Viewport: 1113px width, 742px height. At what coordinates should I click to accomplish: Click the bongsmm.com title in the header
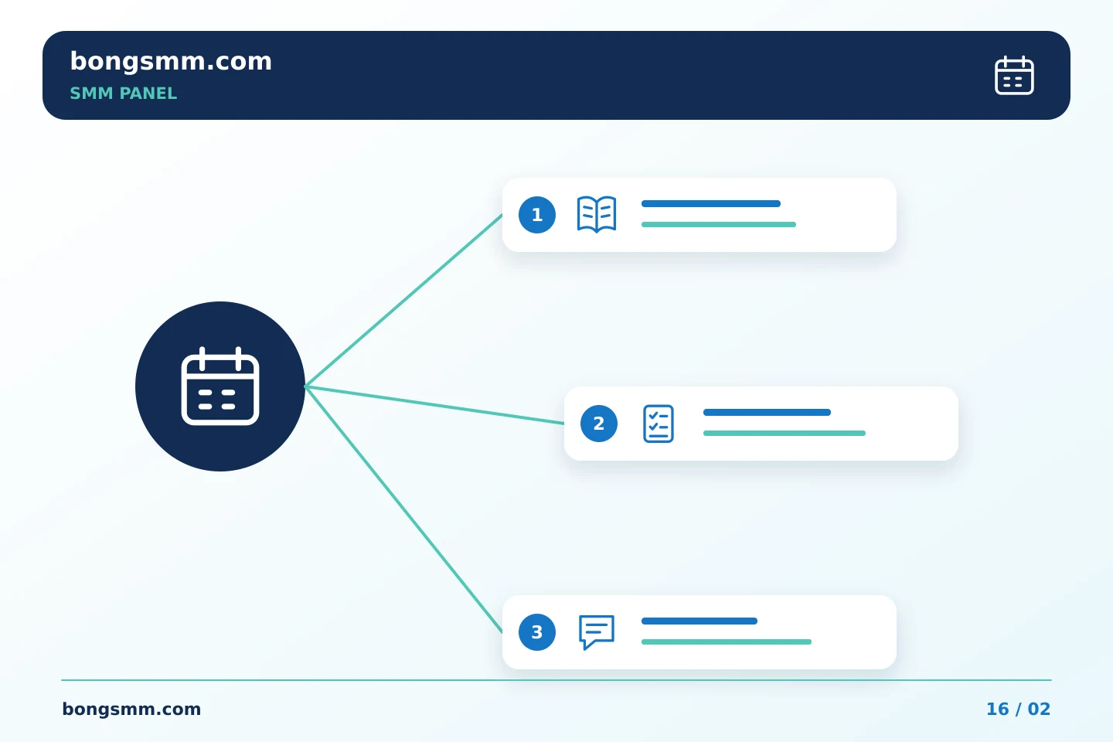171,62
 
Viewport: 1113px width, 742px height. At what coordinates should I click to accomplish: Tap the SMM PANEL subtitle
123,94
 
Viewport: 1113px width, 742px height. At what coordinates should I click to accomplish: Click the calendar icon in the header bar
1014,76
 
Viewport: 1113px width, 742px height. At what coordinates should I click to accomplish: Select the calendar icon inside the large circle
220,386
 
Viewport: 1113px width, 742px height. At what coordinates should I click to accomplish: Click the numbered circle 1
537,215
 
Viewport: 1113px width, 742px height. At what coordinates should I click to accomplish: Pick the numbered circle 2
599,424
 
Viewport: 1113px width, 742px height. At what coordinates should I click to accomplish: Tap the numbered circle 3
537,632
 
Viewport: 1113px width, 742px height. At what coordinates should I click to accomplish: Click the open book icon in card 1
597,214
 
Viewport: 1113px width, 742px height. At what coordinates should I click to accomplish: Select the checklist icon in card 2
659,424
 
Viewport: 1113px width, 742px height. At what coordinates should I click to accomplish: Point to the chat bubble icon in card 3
597,631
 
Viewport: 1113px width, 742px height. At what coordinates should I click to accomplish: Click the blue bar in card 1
711,204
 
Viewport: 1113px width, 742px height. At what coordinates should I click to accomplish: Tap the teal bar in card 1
719,225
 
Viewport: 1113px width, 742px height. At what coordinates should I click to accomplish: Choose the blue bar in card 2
768,413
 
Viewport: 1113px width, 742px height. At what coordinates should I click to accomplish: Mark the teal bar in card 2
785,434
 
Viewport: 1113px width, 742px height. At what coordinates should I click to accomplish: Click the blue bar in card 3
699,621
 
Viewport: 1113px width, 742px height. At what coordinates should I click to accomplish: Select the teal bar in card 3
727,642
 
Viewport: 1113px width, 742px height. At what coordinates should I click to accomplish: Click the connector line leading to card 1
403,300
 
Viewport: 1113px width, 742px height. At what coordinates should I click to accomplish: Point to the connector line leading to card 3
403,509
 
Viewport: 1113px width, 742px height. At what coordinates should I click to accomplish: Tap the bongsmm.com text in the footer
131,710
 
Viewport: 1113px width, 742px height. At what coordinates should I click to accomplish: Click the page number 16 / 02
1018,710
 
